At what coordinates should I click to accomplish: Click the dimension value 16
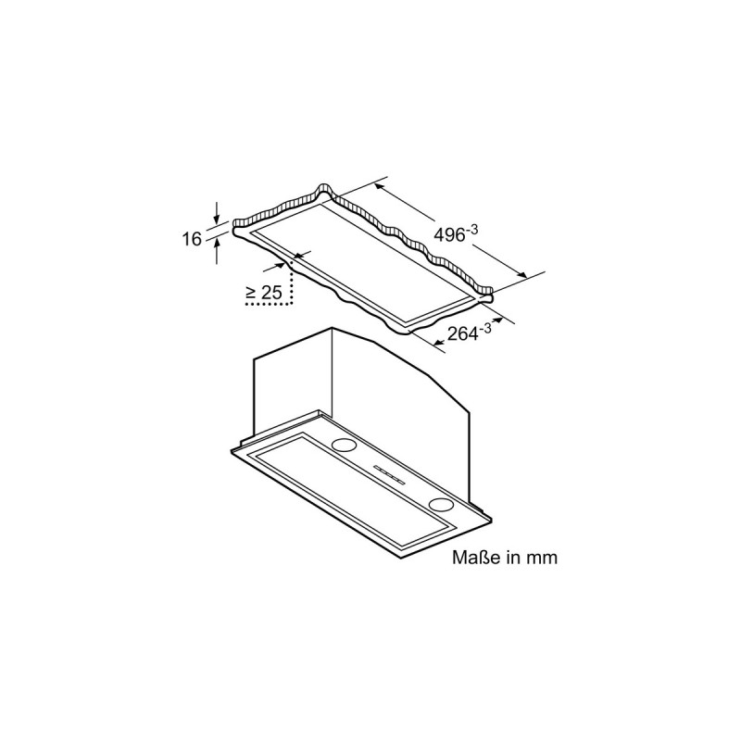(x=193, y=239)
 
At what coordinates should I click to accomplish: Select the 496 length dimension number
(x=449, y=235)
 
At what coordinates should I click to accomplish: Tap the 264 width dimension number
(x=463, y=333)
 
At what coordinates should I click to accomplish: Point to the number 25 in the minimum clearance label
(x=270, y=293)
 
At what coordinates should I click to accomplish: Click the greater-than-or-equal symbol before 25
(x=251, y=294)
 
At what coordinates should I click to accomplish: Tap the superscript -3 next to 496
(x=472, y=229)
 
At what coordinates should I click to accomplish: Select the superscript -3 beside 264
(x=485, y=327)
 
